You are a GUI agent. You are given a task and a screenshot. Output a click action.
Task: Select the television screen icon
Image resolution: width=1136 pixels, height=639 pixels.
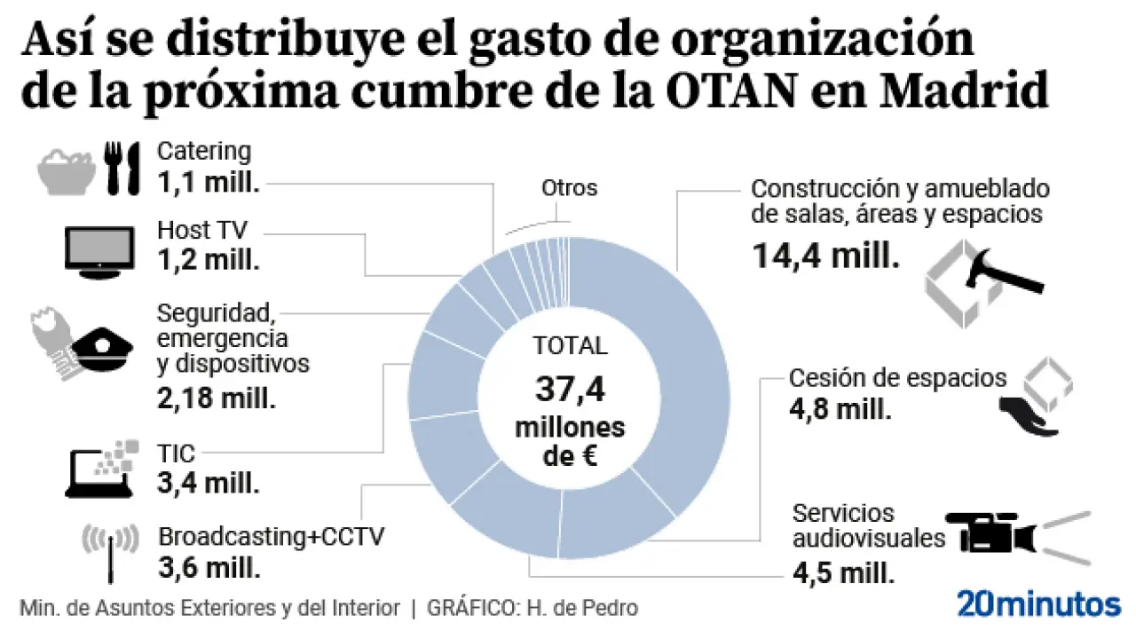[99, 248]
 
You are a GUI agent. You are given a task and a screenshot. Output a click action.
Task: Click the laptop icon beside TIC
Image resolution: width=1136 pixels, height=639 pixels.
[99, 468]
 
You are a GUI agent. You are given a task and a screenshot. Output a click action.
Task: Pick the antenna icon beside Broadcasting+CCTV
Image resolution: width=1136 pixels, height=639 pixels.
[109, 551]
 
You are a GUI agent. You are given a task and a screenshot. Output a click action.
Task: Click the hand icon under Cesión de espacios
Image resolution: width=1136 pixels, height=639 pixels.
[1028, 417]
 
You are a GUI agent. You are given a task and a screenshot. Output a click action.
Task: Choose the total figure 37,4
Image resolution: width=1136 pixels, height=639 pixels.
[569, 389]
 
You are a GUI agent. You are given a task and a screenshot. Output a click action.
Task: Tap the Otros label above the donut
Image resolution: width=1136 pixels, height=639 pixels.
[569, 188]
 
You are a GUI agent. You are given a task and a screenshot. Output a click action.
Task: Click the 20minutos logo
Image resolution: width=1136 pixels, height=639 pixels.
[1038, 603]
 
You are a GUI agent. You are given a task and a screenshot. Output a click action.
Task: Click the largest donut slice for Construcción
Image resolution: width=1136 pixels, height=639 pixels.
[657, 355]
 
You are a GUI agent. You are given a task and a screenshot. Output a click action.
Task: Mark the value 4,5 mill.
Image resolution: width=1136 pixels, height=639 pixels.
[840, 572]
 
